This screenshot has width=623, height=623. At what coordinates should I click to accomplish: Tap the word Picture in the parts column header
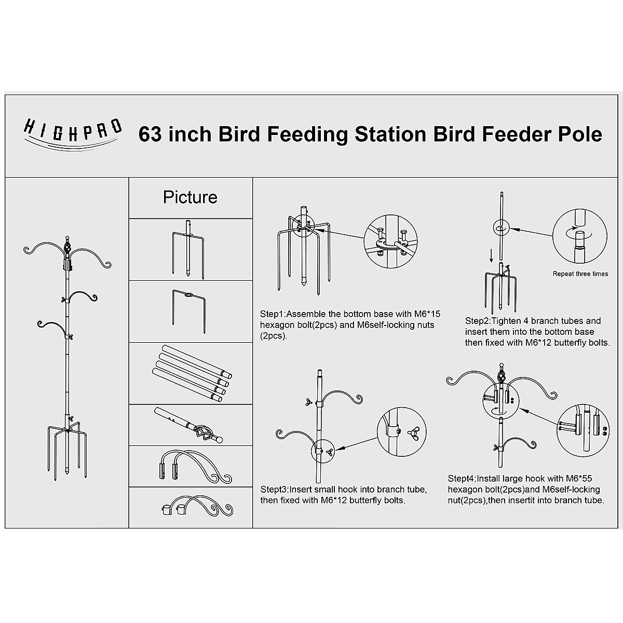click(190, 197)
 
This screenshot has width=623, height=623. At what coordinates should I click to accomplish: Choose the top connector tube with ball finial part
click(189, 425)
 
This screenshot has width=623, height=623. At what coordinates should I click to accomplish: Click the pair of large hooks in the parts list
click(192, 466)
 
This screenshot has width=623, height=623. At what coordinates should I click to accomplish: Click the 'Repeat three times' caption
click(580, 274)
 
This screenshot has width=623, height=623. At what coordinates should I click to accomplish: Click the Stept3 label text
click(274, 489)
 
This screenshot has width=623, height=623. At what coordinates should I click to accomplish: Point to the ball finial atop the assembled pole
click(66, 237)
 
